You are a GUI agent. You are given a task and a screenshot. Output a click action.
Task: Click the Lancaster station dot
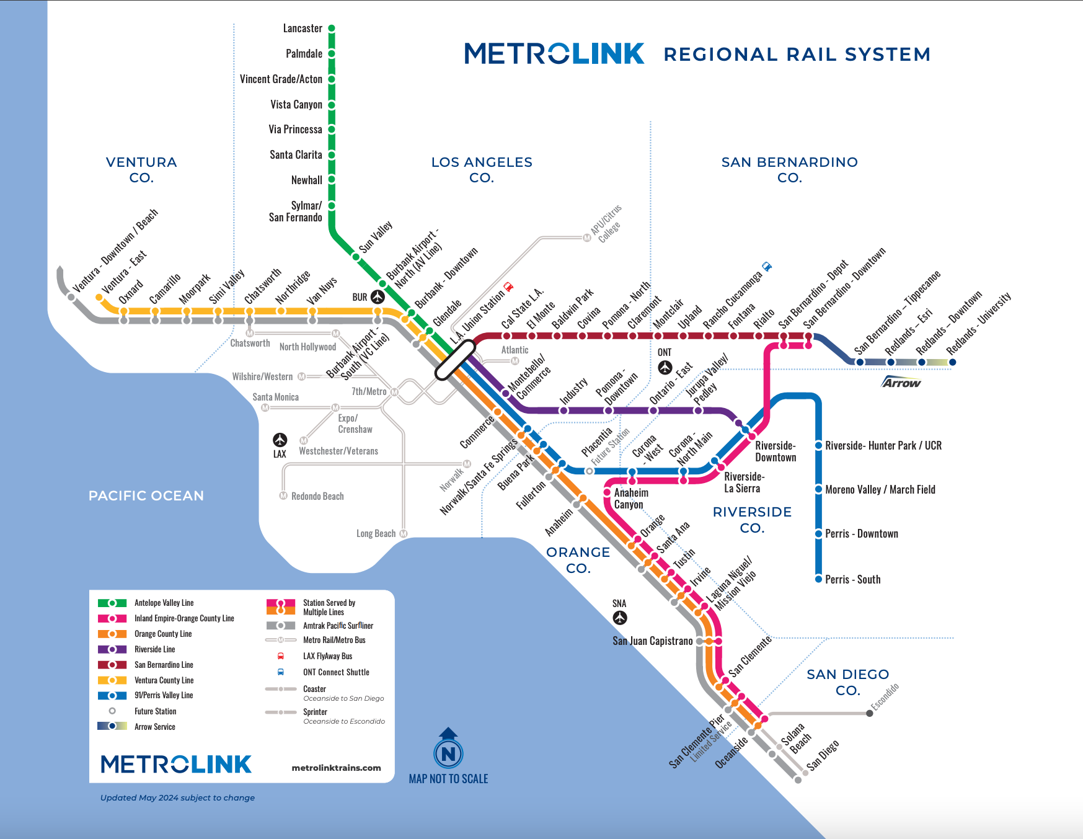[x=332, y=29]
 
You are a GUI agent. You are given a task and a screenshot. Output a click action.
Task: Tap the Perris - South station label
[x=853, y=579]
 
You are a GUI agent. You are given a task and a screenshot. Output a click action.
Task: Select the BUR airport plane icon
[x=378, y=297]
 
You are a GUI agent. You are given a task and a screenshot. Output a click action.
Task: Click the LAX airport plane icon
[x=280, y=440]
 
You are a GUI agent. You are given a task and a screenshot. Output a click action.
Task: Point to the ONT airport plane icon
[x=665, y=368]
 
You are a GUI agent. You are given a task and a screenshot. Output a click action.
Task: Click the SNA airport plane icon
[x=620, y=618]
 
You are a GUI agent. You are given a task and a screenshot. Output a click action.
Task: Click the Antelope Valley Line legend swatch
[x=112, y=603]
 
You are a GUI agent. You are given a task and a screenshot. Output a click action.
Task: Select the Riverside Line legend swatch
[x=112, y=649]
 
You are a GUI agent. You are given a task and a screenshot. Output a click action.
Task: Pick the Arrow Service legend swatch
[x=112, y=726]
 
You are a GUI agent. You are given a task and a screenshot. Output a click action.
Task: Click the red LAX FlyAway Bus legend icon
[x=281, y=656]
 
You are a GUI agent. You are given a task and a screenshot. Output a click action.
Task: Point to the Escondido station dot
[x=870, y=713]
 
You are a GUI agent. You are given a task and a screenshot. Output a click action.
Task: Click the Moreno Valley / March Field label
[x=880, y=490]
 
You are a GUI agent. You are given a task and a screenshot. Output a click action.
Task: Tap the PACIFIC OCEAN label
[x=146, y=496]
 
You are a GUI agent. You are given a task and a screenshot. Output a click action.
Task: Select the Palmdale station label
[x=304, y=54]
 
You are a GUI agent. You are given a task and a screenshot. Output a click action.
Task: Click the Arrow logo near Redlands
[x=902, y=382]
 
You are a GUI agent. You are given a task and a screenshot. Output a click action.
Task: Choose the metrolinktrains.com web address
[x=337, y=768]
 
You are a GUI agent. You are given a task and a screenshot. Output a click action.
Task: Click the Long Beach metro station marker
[x=404, y=533]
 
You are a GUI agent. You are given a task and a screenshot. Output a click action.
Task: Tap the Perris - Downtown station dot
[x=818, y=533]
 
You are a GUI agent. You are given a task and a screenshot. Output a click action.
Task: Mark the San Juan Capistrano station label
[x=653, y=641]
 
